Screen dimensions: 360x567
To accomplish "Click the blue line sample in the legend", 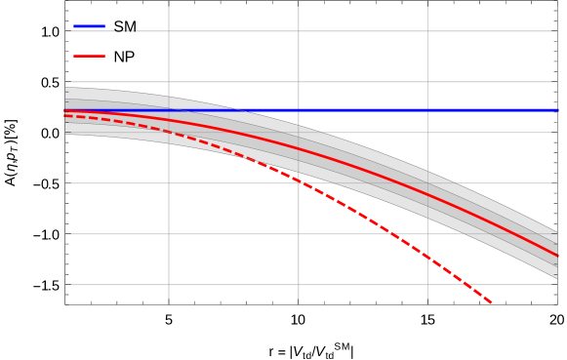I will pos(89,26).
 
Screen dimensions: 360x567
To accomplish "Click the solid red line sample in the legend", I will pos(89,56).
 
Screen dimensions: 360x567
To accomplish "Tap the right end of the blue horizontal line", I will pos(557,110).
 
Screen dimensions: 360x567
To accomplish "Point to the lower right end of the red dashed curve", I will pos(491,303).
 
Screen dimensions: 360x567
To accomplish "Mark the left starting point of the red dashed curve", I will pos(65,116).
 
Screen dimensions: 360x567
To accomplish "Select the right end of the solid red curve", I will pos(557,256).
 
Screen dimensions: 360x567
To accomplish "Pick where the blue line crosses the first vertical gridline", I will pos(169,110).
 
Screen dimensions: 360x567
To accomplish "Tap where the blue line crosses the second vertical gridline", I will pos(299,110).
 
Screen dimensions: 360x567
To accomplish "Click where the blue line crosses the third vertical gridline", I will pos(427,110).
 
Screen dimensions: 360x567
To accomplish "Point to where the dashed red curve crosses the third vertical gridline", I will pos(427,257).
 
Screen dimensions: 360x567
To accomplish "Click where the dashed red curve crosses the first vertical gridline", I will pos(169,132).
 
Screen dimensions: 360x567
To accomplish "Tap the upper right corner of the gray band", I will pos(557,232).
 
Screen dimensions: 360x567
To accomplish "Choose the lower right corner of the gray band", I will pos(557,279).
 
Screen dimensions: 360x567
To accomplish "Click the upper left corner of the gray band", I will pos(65,88).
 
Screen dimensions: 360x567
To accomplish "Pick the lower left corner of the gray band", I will pos(65,135).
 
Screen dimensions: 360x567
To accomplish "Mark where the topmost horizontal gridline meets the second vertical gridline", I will pos(299,31).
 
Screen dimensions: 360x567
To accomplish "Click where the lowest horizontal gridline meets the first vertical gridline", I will pos(169,285).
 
